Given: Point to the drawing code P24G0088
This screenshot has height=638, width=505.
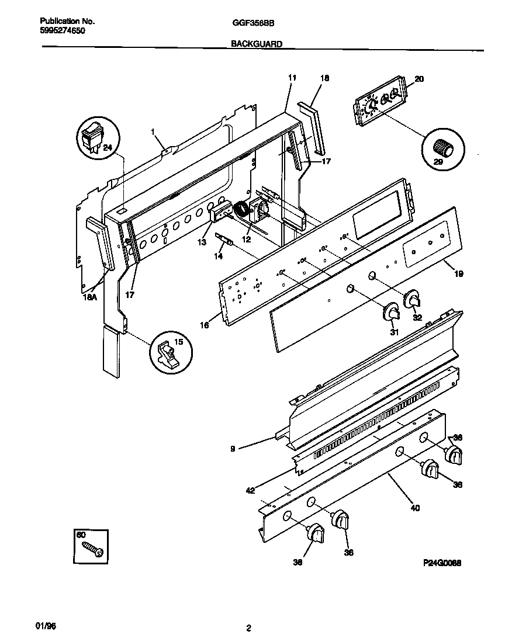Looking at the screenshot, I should [442, 564].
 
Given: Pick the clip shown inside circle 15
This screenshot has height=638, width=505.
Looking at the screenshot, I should [169, 354].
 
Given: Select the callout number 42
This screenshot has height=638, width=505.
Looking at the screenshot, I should [250, 491].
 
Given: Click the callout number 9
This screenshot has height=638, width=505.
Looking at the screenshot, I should [233, 449].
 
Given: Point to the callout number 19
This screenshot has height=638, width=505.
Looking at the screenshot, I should [458, 272].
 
